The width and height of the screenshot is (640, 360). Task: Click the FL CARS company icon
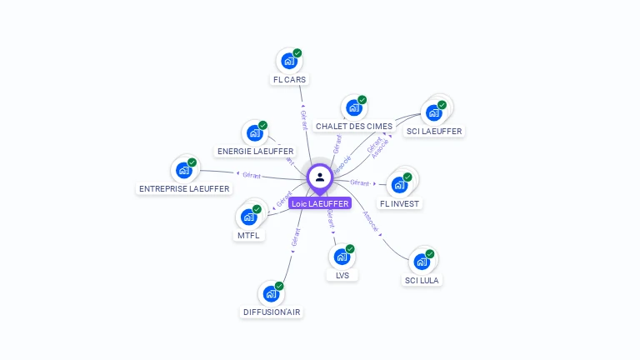pos(288,62)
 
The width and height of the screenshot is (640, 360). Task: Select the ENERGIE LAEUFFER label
pos(255,152)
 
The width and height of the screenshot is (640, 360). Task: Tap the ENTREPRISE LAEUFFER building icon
pos(184,171)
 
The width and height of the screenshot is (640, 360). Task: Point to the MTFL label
pos(248,236)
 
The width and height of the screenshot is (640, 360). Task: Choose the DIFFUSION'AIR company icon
pos(271,293)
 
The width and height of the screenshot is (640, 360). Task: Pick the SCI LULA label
pos(422,281)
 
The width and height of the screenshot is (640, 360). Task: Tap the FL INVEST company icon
pos(399,185)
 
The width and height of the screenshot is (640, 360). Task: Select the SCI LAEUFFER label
pos(434,131)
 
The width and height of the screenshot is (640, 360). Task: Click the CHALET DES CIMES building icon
pos(353,108)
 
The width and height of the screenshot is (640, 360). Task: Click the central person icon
pos(320,177)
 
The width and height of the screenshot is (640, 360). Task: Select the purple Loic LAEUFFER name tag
pos(320,203)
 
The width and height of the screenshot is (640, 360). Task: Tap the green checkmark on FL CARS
pos(297,53)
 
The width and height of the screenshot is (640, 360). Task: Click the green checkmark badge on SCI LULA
pos(430,253)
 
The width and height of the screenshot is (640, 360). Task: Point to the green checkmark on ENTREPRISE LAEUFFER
pos(192,162)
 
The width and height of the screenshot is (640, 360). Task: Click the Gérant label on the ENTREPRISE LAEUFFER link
pos(252,176)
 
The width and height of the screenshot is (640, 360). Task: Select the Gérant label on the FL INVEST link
pos(359,182)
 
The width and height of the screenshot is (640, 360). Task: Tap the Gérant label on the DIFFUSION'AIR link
pos(295,237)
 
